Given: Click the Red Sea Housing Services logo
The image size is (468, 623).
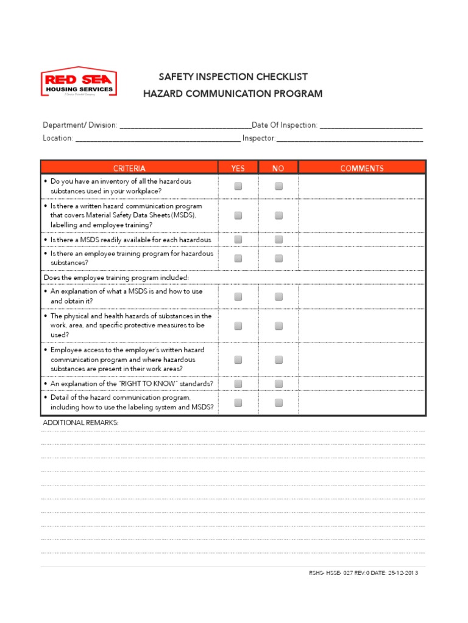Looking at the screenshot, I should [x=79, y=82].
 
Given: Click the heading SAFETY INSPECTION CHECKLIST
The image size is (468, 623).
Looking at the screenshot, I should [x=233, y=77].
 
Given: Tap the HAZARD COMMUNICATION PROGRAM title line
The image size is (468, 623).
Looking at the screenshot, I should [x=233, y=94].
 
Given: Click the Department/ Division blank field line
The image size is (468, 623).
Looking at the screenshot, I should [x=185, y=126].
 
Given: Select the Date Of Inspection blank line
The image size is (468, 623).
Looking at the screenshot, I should [x=370, y=126].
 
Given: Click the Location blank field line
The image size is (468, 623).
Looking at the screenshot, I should [x=158, y=139].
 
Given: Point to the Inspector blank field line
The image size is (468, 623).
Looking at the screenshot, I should [x=350, y=139].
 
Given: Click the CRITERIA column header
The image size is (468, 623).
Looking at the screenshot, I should [x=129, y=168].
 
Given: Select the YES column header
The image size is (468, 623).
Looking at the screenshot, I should [x=238, y=168].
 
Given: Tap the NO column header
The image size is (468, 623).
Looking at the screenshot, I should [x=278, y=168].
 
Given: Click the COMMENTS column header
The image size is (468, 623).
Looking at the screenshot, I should [x=362, y=168].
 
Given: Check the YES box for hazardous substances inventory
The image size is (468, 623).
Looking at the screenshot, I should [x=238, y=186].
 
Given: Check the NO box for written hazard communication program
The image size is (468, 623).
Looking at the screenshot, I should [x=278, y=215].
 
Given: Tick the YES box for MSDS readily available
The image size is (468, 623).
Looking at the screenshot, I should [x=238, y=239].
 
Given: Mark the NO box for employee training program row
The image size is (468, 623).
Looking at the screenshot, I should [x=278, y=258].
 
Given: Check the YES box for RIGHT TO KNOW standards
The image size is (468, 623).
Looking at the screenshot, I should [x=238, y=383].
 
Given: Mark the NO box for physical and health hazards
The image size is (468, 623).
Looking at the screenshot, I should [x=278, y=325].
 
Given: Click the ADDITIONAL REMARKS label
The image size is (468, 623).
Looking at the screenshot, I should [x=80, y=422].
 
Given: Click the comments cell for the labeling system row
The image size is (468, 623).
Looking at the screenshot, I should [x=362, y=403].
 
